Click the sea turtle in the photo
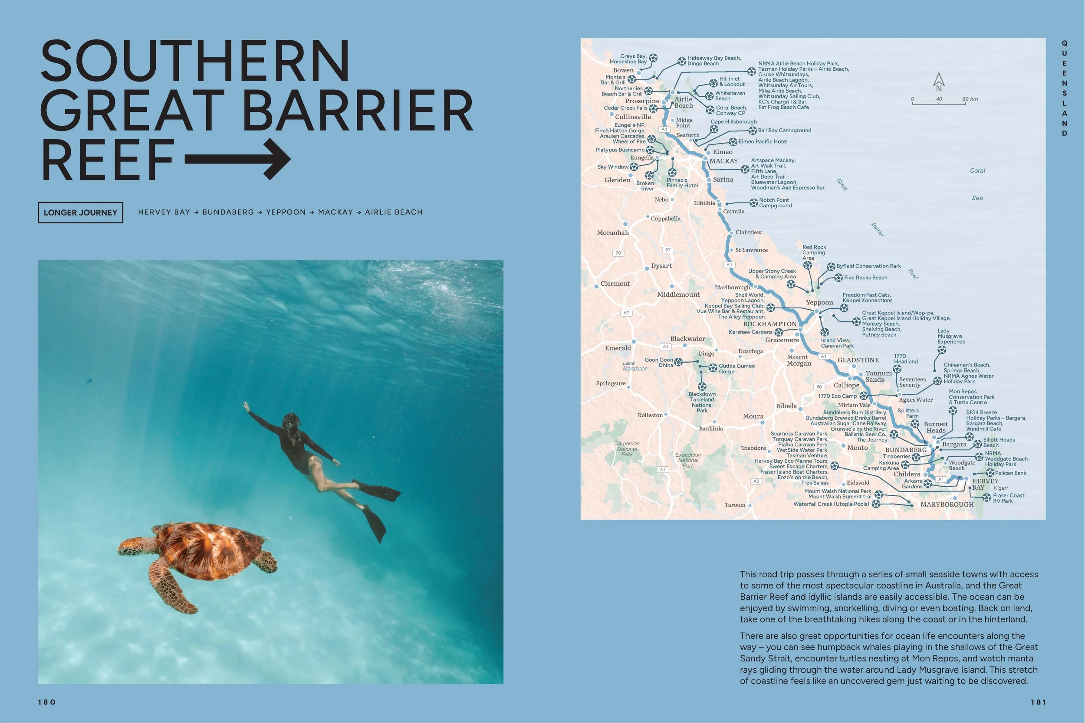click(x=196, y=556)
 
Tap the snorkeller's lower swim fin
click(x=375, y=523)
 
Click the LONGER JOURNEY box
click(x=80, y=213)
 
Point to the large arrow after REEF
click(x=238, y=159)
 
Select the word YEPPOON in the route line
click(x=286, y=212)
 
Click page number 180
click(x=46, y=702)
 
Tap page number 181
click(x=1038, y=702)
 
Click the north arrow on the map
click(x=938, y=82)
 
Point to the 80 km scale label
click(x=970, y=99)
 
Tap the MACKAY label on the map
click(x=723, y=161)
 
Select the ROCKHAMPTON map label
click(x=769, y=324)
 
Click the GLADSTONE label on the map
click(x=858, y=360)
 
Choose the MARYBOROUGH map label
click(x=947, y=504)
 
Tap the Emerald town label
click(x=618, y=348)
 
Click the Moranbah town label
click(x=613, y=233)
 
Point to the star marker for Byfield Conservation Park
click(x=831, y=266)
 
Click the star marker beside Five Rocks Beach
click(x=838, y=278)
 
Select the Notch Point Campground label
click(x=775, y=203)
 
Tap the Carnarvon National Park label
click(x=627, y=448)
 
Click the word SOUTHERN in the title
click(x=195, y=61)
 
